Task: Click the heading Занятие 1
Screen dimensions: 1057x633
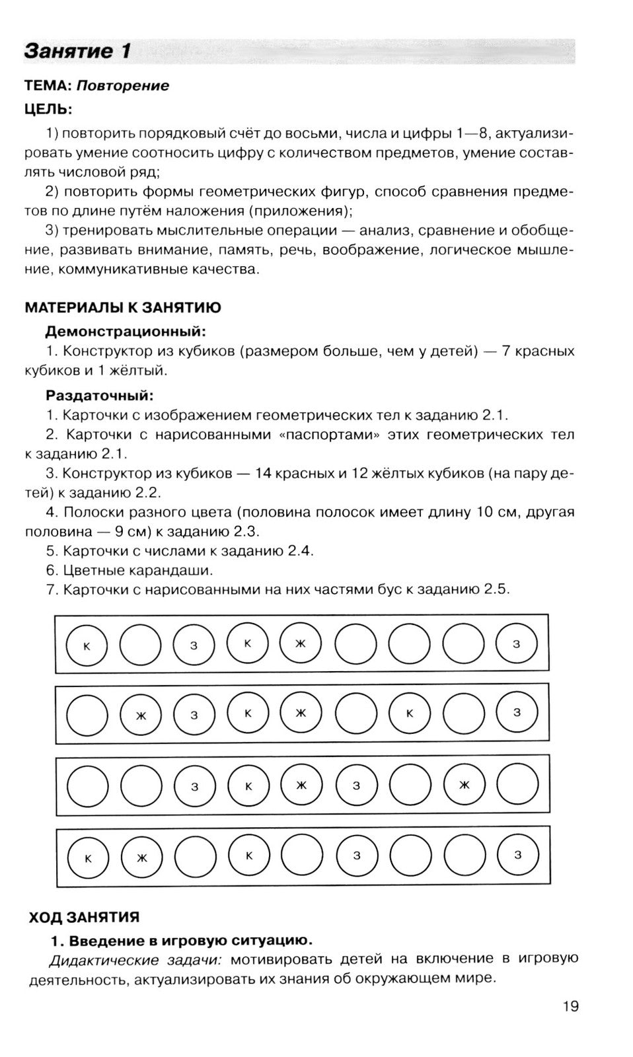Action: (77, 52)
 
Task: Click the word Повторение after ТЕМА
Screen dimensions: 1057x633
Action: (123, 86)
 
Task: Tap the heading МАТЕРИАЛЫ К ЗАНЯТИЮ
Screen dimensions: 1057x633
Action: (123, 308)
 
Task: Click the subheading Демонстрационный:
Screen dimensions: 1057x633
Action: (126, 331)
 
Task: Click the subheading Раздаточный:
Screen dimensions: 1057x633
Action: (99, 396)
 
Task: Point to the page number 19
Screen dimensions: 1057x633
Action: (570, 1006)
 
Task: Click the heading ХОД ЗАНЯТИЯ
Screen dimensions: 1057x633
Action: (84, 917)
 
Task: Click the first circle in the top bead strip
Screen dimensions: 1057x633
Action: (87, 645)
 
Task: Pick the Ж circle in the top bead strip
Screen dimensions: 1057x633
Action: (301, 643)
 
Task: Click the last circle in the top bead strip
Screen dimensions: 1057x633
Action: (517, 644)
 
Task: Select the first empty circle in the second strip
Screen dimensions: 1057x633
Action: (87, 715)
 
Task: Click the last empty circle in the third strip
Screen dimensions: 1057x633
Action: (517, 784)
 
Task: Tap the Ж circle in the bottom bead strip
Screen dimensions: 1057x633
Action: (141, 857)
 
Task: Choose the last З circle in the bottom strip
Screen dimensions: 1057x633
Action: (517, 855)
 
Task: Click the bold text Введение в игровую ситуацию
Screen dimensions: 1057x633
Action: (190, 940)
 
